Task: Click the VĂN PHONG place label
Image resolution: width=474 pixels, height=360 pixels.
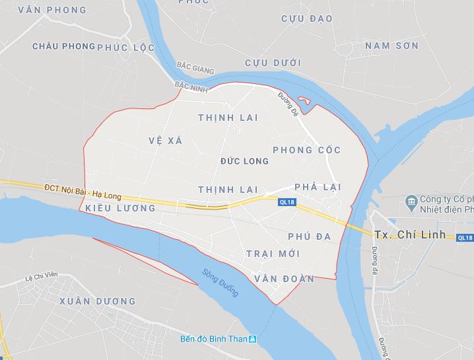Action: (x=53, y=10)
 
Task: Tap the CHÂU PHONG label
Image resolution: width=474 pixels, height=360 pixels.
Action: (x=63, y=46)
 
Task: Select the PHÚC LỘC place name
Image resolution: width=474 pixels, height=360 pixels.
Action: (x=126, y=48)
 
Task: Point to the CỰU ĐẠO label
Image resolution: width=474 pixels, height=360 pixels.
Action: (x=307, y=18)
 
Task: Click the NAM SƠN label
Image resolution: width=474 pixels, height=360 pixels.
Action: (x=392, y=46)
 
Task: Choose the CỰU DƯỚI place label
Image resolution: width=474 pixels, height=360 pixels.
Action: (x=273, y=63)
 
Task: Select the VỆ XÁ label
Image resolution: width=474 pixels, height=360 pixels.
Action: (x=165, y=141)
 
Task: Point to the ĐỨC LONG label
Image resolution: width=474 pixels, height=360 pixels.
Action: (x=244, y=161)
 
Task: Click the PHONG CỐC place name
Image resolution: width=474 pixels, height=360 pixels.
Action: (x=306, y=150)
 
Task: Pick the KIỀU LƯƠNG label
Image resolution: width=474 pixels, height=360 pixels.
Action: (x=121, y=208)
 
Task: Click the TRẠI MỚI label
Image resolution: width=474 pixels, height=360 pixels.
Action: (x=273, y=254)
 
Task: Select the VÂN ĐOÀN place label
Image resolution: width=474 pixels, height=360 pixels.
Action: (x=285, y=279)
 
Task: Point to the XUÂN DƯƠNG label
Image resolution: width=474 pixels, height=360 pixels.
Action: (x=97, y=301)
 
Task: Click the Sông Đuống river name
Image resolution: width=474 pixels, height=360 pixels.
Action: (x=220, y=283)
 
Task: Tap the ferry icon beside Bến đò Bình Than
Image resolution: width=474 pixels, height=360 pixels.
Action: (x=252, y=339)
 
